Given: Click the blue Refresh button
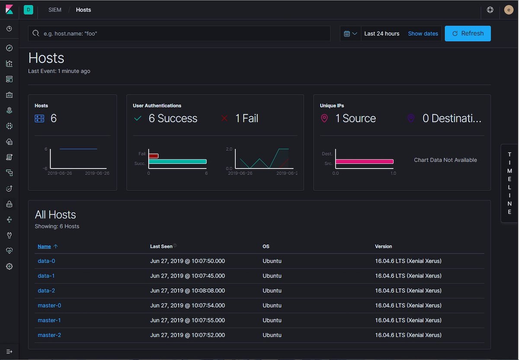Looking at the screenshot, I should [x=468, y=33].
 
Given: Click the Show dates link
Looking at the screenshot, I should [x=423, y=33].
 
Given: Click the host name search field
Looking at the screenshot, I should [x=182, y=33].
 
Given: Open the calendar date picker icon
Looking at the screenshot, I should [x=350, y=33].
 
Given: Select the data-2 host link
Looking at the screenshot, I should [x=46, y=290].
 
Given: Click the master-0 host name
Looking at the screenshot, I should [x=49, y=305].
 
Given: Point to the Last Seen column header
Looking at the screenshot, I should [x=161, y=246].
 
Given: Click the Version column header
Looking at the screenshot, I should [x=383, y=246].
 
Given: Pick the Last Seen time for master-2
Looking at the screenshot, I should [x=187, y=335].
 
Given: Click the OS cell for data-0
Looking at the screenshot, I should [x=272, y=261].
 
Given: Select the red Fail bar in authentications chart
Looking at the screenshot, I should [x=154, y=156].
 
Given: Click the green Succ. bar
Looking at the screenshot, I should [x=177, y=162].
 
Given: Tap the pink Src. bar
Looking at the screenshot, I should [x=364, y=162].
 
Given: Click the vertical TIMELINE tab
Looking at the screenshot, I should [x=509, y=183].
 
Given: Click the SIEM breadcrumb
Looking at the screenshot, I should [x=55, y=10].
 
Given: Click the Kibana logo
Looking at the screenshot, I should [x=9, y=10].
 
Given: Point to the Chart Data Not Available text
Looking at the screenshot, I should [x=445, y=160].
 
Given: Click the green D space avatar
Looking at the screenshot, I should [x=29, y=10].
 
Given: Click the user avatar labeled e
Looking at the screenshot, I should [x=509, y=10].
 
